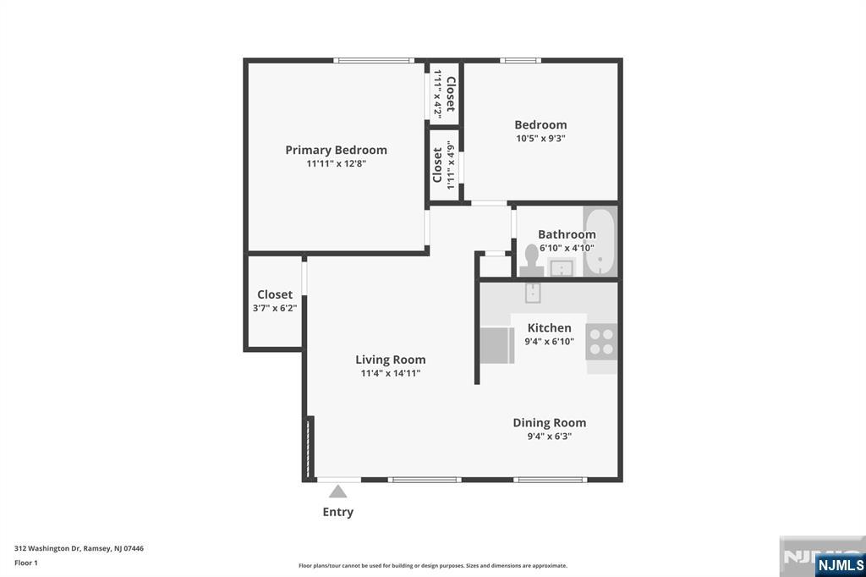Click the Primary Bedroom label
coord(336,150)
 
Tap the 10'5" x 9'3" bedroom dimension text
coord(540,138)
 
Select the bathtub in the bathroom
coord(600,242)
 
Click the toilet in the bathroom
coord(531,259)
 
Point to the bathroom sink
coord(562,268)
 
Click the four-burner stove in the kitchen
coord(601,341)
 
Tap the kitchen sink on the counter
coord(533,293)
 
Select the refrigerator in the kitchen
coord(496,344)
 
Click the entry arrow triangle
coord(338,491)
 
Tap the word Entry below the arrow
coord(338,512)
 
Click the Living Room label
coord(390,360)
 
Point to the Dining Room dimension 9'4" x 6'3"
coord(549,437)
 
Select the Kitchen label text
coord(549,327)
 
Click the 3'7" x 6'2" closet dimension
coord(275,308)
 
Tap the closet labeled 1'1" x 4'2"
coord(444,94)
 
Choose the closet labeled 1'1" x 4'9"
coord(444,165)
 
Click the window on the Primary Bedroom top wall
coord(373,60)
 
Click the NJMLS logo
coord(840,564)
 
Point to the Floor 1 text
coord(26,562)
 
